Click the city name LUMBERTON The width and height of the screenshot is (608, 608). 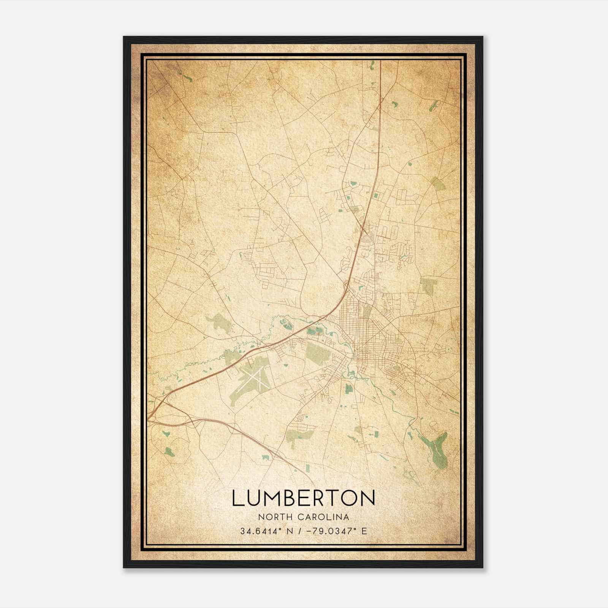coord(304,498)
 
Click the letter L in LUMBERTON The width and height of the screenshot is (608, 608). coord(237,498)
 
